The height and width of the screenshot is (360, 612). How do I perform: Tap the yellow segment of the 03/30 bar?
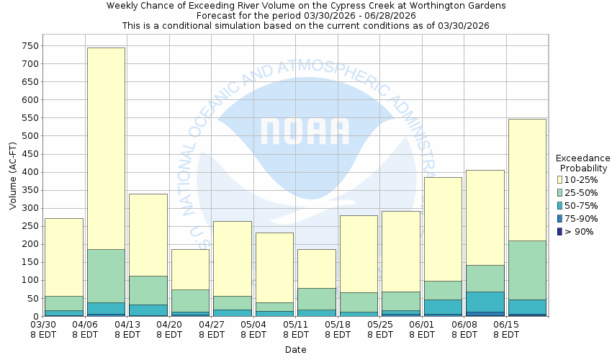click(x=64, y=257)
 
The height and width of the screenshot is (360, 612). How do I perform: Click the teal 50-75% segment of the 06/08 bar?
click(x=485, y=302)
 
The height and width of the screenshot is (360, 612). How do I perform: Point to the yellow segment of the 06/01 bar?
click(x=443, y=229)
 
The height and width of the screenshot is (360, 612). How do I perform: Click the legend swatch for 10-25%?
click(x=560, y=179)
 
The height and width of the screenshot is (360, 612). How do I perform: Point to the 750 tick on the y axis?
click(x=30, y=45)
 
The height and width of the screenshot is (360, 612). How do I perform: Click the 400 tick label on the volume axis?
click(x=30, y=172)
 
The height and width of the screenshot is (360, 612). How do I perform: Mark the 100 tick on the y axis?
click(x=30, y=280)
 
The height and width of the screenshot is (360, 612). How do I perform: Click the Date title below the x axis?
click(x=295, y=350)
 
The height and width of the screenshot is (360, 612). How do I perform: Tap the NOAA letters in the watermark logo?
click(x=305, y=131)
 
